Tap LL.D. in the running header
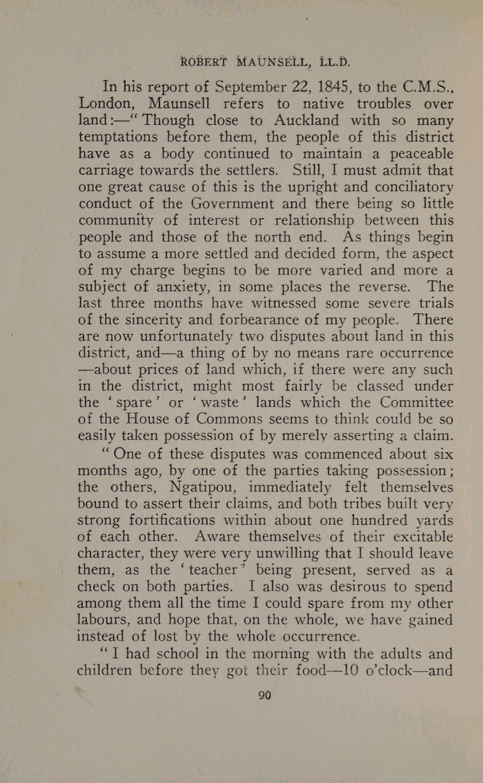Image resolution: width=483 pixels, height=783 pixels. [335, 60]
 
